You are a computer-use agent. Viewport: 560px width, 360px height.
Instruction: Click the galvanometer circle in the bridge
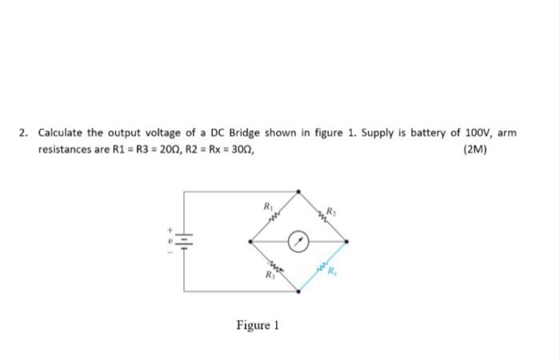[298, 240]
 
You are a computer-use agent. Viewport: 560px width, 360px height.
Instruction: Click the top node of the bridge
[298, 191]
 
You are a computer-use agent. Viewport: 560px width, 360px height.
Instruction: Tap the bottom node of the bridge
[298, 290]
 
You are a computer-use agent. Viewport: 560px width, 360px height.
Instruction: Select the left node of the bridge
[250, 240]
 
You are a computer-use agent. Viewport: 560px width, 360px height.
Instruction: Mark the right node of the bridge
[347, 240]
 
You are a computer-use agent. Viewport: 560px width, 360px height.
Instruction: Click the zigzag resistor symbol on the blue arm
[322, 264]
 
